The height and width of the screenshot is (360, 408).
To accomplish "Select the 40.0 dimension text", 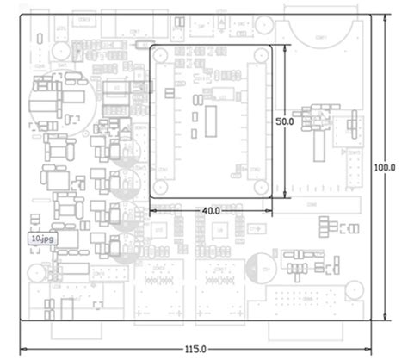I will click(209, 210).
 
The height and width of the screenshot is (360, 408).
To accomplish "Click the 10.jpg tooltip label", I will click(41, 239).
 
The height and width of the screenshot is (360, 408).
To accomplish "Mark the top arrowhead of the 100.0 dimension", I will click(384, 17).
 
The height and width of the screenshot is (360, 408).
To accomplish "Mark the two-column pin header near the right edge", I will click(353, 168).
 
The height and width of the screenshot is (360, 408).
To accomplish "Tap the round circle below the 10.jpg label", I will click(35, 274).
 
